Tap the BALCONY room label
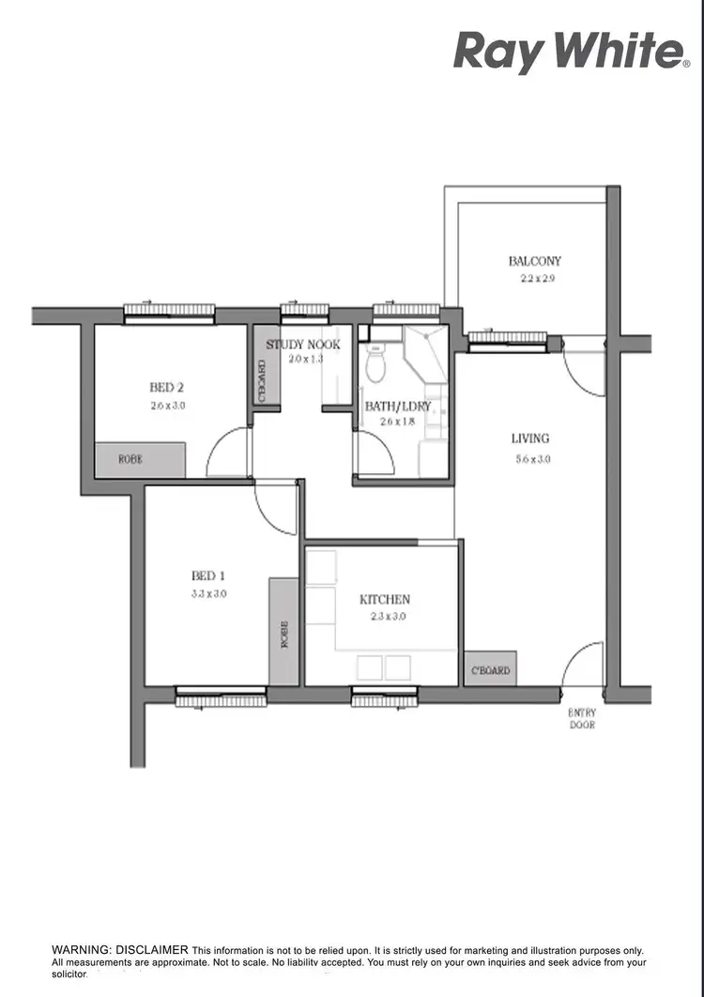pos(535,261)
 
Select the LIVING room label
pos(530,438)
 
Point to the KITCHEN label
pos(385,599)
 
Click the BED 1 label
pos(208,575)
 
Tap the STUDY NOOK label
pos(302,345)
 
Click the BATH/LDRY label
pos(397,406)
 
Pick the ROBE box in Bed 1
pos(284,631)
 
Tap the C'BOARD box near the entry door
pos(490,669)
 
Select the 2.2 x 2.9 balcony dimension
pos(539,279)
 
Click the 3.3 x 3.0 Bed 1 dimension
pos(208,593)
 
